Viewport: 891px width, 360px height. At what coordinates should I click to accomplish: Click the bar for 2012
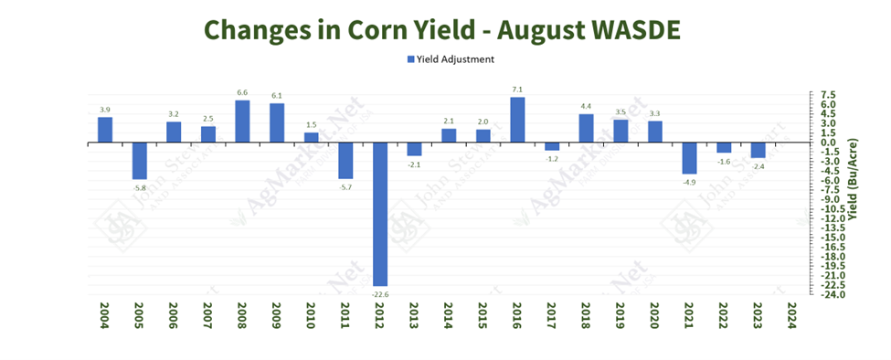379,214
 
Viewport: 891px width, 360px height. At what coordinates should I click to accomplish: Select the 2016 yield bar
516,120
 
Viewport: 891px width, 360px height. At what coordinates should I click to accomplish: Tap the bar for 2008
242,121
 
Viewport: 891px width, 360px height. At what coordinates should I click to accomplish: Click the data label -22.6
379,293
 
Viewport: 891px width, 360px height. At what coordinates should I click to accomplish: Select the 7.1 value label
516,90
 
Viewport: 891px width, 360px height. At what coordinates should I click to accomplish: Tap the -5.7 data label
345,186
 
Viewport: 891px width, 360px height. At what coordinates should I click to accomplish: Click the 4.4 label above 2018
586,107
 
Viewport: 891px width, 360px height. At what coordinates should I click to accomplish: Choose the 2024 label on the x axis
791,316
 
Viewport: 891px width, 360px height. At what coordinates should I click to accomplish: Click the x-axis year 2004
105,316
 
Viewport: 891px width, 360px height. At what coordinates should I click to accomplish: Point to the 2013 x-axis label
414,316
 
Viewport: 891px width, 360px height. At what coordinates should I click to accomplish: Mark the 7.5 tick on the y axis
828,95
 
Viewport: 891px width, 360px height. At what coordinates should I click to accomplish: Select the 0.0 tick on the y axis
828,143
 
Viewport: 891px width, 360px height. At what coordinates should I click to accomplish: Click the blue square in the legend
410,59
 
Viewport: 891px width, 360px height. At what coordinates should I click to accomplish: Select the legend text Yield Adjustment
455,59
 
